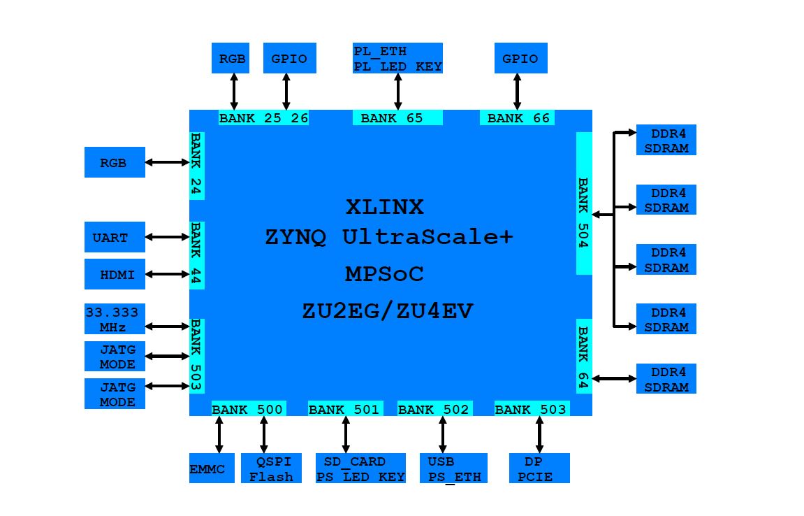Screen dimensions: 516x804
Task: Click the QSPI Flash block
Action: coord(271,468)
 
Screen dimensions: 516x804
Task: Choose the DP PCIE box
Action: coord(539,468)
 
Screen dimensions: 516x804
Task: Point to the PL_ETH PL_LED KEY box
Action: coord(397,59)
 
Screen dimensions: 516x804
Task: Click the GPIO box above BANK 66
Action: coord(520,59)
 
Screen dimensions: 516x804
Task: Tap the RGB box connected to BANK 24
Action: coord(115,162)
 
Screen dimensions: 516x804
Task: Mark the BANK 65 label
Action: coord(397,118)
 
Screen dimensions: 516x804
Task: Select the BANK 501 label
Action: coord(345,409)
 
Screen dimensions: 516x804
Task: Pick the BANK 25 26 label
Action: coord(263,118)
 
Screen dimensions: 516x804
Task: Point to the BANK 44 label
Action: coord(197,255)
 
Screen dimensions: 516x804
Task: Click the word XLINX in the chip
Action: coord(385,208)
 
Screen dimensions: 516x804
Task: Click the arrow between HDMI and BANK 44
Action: coord(168,275)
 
